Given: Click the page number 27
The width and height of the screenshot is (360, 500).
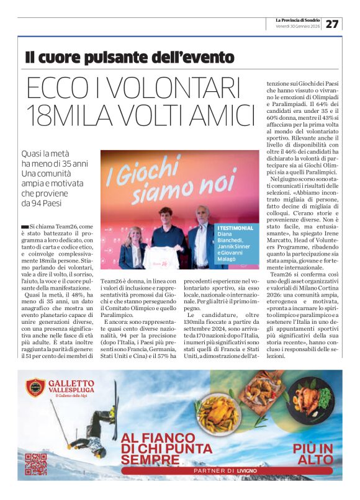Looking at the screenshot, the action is (x=332, y=24).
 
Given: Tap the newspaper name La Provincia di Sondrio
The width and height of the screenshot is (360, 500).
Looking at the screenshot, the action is (x=297, y=20).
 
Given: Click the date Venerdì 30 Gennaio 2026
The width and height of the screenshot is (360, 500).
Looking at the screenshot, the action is (x=297, y=27).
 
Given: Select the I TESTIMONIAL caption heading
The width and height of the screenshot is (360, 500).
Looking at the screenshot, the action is (x=235, y=228).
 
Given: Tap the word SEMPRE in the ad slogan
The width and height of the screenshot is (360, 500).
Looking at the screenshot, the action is (x=150, y=460).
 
